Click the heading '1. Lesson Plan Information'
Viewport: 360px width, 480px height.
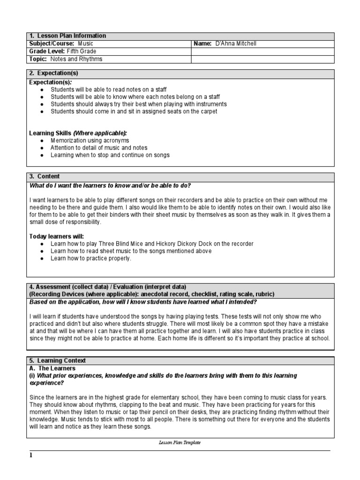(x=67, y=36)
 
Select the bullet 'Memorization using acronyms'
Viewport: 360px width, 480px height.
(x=90, y=140)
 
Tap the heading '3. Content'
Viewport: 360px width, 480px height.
(x=45, y=176)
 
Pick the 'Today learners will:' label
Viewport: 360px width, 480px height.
(x=57, y=236)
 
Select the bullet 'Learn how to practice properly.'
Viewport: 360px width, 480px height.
(x=91, y=258)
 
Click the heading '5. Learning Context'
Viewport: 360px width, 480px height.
(x=58, y=360)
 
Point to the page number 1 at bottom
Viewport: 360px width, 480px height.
(x=31, y=456)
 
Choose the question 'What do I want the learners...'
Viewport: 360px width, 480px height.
(x=110, y=185)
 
